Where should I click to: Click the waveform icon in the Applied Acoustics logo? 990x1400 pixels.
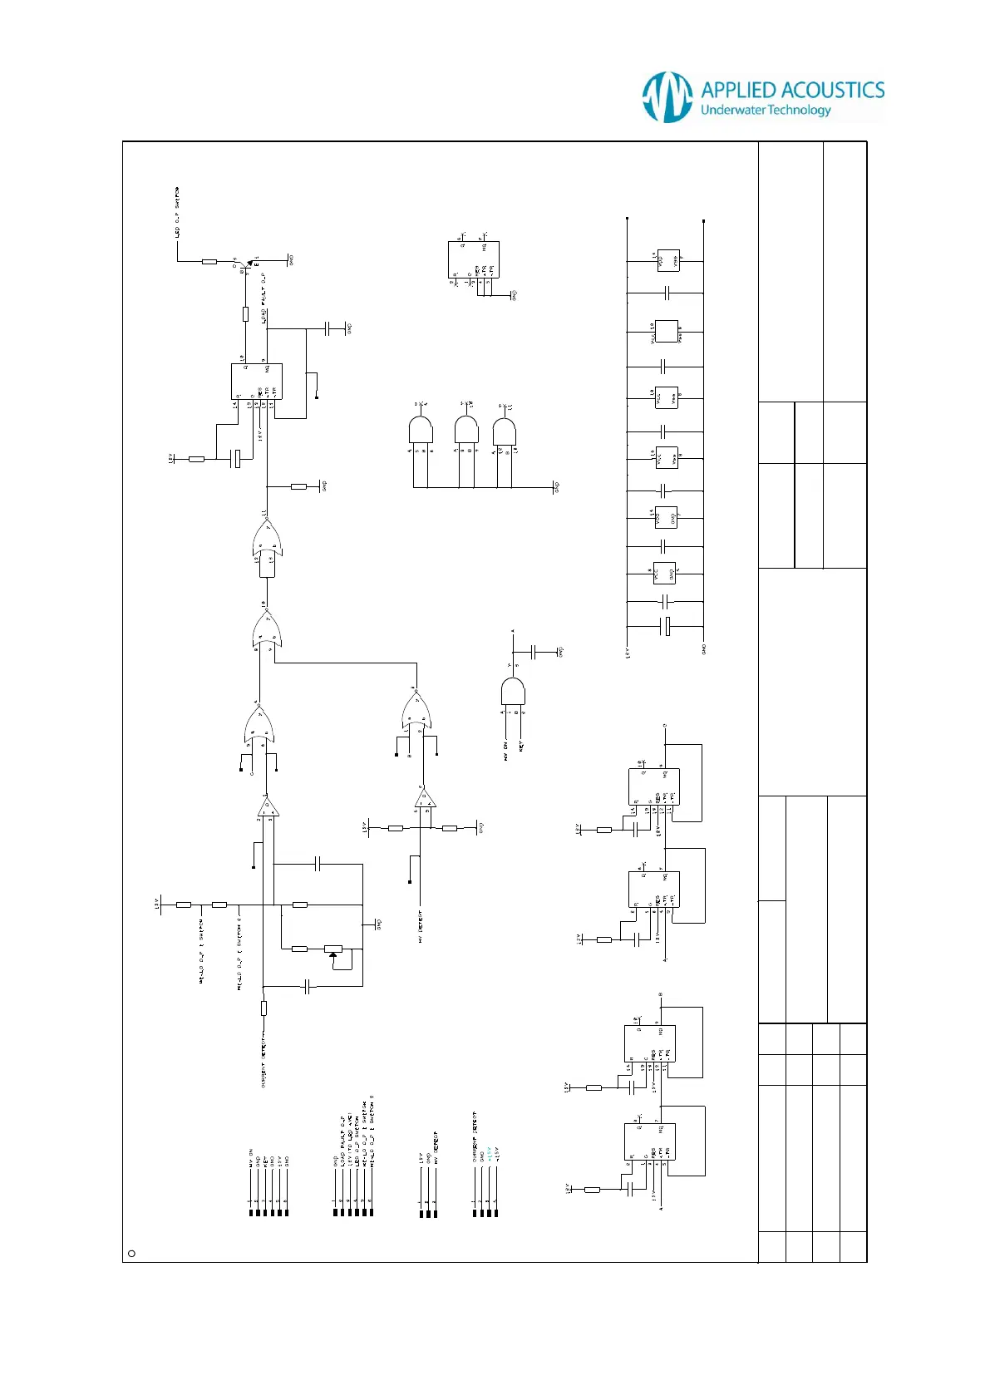coord(667,96)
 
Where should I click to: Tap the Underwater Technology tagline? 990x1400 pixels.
coord(766,111)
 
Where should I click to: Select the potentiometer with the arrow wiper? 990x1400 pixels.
coord(333,949)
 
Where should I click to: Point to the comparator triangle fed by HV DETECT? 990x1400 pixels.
coord(426,800)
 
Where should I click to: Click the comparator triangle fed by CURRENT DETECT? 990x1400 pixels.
coord(268,806)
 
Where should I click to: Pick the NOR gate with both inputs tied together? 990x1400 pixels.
coord(267,545)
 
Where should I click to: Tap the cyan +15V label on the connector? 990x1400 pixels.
coord(489,1153)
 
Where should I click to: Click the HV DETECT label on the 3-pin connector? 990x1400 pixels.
coord(436,1147)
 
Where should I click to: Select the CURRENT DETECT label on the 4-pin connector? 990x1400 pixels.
coord(475,1136)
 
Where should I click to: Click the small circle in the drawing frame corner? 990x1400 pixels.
coord(131,1254)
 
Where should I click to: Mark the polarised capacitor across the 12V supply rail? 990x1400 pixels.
coord(665,626)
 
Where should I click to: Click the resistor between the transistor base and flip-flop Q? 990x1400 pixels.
coord(245,313)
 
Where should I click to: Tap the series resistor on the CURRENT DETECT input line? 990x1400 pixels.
coord(264,1008)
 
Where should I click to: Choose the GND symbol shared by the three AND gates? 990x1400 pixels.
coord(555,487)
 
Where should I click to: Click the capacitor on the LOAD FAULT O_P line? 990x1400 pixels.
coord(334,328)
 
